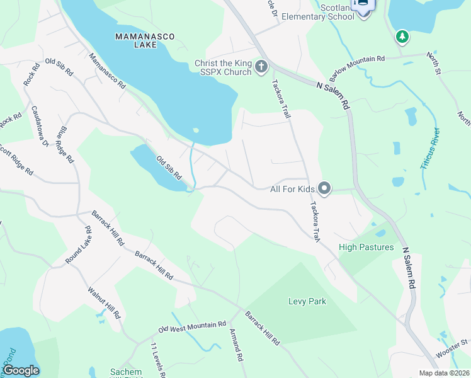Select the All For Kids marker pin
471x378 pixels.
coord(324,188)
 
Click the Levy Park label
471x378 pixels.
coord(307,301)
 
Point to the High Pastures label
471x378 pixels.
coord(366,247)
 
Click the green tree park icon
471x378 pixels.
coord(402,37)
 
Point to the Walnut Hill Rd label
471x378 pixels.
coord(104,304)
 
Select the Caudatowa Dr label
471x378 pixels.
coord(40,126)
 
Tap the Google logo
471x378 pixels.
coord(21,370)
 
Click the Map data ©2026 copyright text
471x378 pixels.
coord(444,373)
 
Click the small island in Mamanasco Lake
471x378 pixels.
coord(196,131)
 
